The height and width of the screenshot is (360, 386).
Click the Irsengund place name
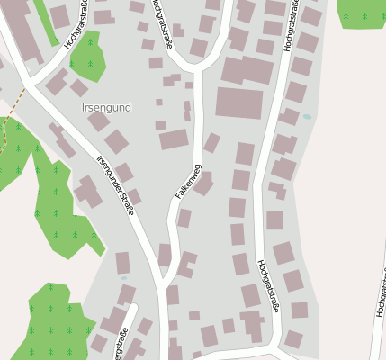pos(106,108)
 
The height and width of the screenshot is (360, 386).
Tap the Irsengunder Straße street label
pos(119,185)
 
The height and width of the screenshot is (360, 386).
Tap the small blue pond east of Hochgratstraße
pos(307,117)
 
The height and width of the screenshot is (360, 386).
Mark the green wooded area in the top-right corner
pos(364,13)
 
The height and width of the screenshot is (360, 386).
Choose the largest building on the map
pos(239,103)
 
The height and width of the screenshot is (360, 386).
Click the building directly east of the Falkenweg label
pos(203,184)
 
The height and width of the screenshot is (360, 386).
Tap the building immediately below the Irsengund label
pos(99,121)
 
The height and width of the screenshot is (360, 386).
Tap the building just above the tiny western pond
pos(122,263)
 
